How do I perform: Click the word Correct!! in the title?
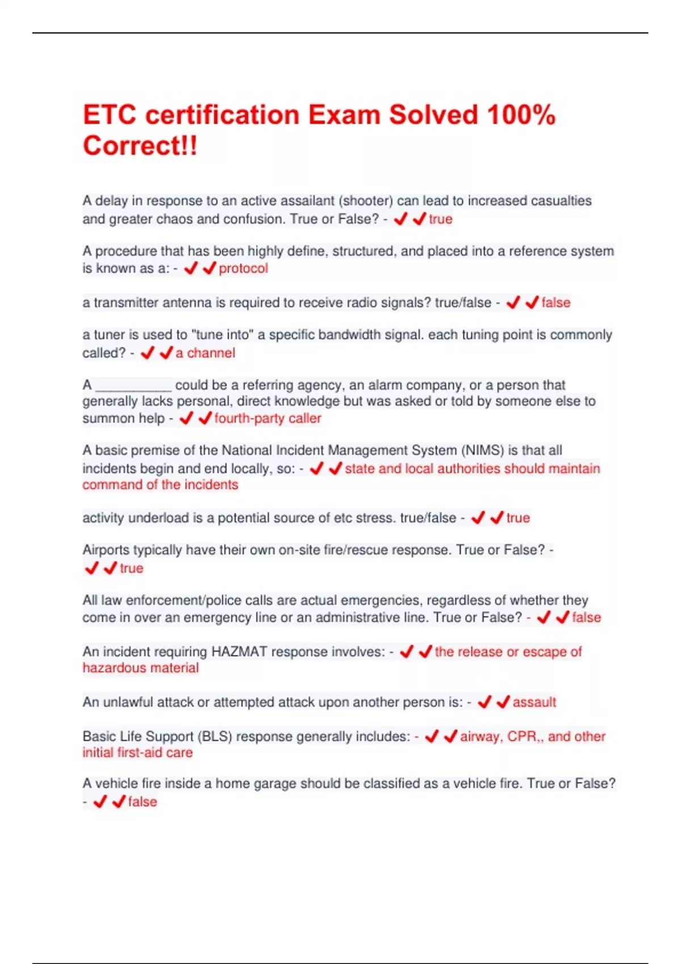(x=140, y=145)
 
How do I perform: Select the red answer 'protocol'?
(x=243, y=268)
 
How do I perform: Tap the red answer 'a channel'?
(x=205, y=353)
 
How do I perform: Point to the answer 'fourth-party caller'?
(x=267, y=418)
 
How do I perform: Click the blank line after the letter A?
(x=133, y=386)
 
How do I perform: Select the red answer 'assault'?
(x=534, y=702)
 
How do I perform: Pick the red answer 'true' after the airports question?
(x=131, y=568)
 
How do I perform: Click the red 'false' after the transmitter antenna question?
(x=556, y=302)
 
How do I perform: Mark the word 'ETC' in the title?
(x=110, y=115)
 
